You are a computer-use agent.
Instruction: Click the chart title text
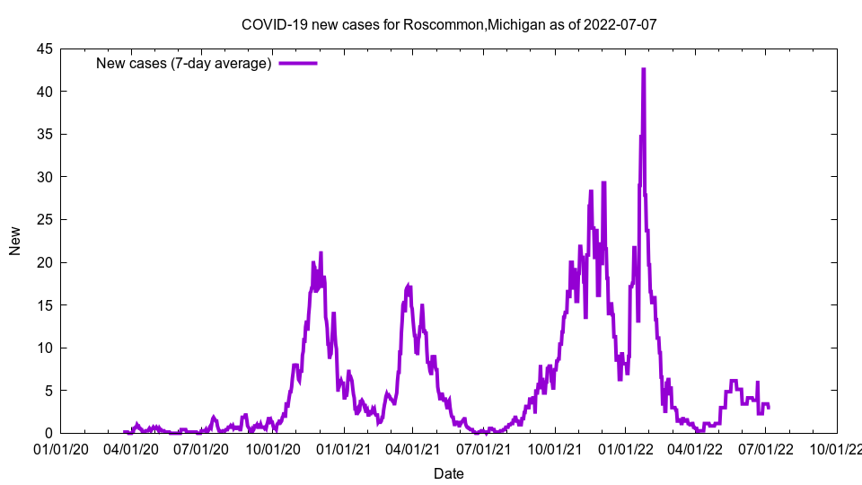click(449, 24)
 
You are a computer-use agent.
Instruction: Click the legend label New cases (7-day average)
click(183, 63)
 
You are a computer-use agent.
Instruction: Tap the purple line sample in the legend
click(298, 63)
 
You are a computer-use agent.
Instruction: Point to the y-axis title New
click(15, 241)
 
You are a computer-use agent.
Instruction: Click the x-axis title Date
click(449, 473)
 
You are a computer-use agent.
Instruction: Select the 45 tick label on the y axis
click(44, 48)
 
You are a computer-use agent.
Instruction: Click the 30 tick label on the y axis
click(44, 177)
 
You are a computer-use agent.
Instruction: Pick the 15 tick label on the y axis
click(44, 305)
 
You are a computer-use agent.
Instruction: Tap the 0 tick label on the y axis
click(48, 433)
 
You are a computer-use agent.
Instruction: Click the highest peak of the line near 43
click(644, 69)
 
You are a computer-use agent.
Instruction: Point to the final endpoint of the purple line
click(769, 408)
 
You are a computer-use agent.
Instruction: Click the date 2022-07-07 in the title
click(620, 24)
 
